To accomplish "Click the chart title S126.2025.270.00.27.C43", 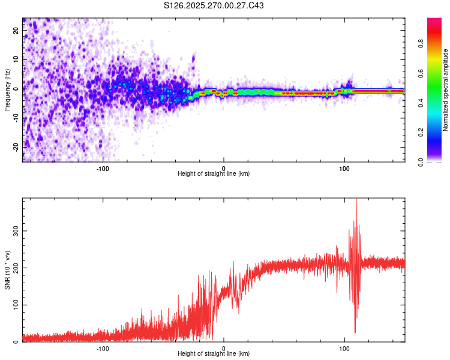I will pyautogui.click(x=214, y=6).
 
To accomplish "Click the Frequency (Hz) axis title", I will pyautogui.click(x=7, y=89).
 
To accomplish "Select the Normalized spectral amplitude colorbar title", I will pyautogui.click(x=446, y=90).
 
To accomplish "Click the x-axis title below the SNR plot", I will pyautogui.click(x=214, y=354).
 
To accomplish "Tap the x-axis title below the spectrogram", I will pyautogui.click(x=214, y=174).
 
